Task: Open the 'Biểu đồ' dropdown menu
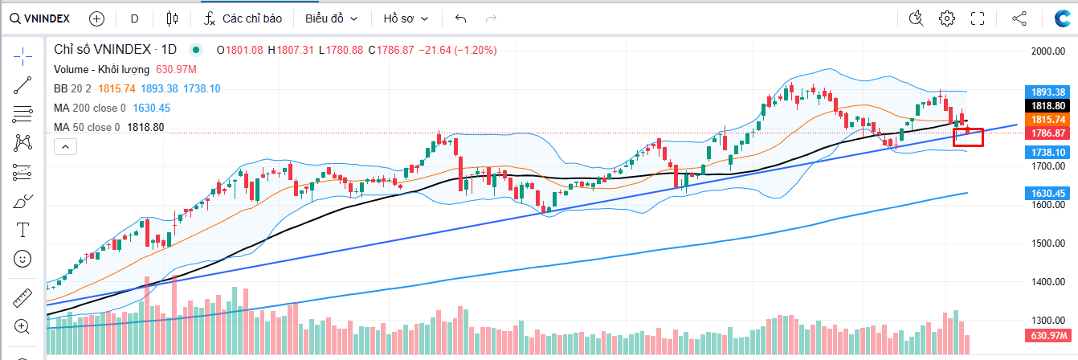tap(331, 18)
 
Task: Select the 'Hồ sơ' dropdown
tap(406, 18)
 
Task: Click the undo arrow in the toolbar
tap(460, 18)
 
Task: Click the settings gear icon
tap(947, 18)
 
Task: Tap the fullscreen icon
tap(978, 18)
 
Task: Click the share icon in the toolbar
tap(1019, 18)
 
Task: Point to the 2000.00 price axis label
tap(1052, 51)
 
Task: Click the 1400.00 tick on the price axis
tap(1052, 282)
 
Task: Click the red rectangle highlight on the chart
tap(968, 137)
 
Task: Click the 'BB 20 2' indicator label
tap(72, 88)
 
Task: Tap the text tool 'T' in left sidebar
tap(22, 231)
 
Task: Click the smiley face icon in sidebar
tap(22, 259)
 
